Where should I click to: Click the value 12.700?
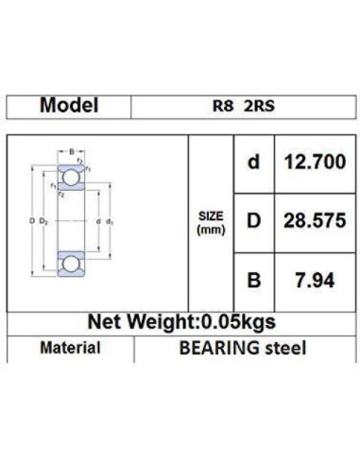pos(314,163)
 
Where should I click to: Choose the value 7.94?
pos(314,280)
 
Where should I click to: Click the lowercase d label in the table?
pos(252,163)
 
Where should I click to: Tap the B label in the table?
pos(252,280)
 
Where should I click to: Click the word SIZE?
pos(210,215)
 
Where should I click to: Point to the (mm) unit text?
pos(210,230)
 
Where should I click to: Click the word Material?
pos(70,348)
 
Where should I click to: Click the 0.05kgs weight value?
pos(233,320)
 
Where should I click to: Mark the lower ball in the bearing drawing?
pos(71,264)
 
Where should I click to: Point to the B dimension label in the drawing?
pos(70,150)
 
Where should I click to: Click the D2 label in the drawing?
pos(44,221)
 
